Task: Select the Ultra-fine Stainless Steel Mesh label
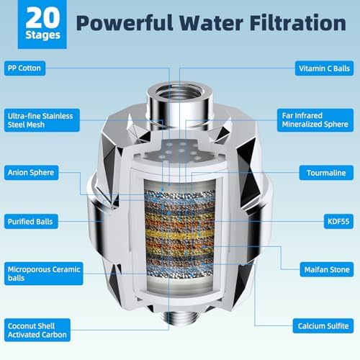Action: [x=35, y=120]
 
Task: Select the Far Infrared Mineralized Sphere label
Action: [x=317, y=120]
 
